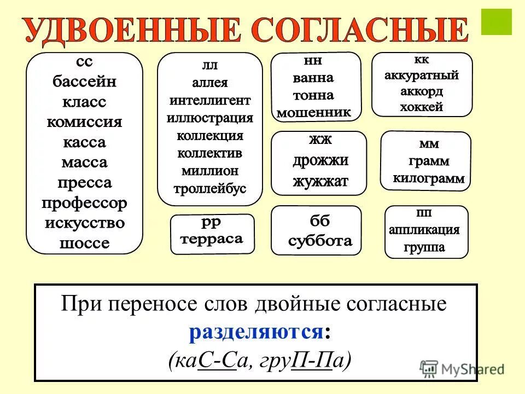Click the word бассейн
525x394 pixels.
[84, 82]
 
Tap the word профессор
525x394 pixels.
[84, 204]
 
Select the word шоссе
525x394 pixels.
[84, 244]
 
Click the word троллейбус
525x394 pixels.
[210, 189]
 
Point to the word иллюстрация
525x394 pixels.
[210, 118]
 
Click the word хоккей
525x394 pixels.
[421, 107]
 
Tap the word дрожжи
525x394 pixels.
[320, 161]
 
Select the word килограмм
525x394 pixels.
[429, 178]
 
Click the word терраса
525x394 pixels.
[211, 239]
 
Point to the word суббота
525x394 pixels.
[320, 241]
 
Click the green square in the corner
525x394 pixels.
[496, 21]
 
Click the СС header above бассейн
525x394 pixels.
[84, 62]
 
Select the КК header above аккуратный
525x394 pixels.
[421, 59]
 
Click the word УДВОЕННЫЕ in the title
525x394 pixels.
[131, 32]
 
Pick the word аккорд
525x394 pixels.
[421, 91]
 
